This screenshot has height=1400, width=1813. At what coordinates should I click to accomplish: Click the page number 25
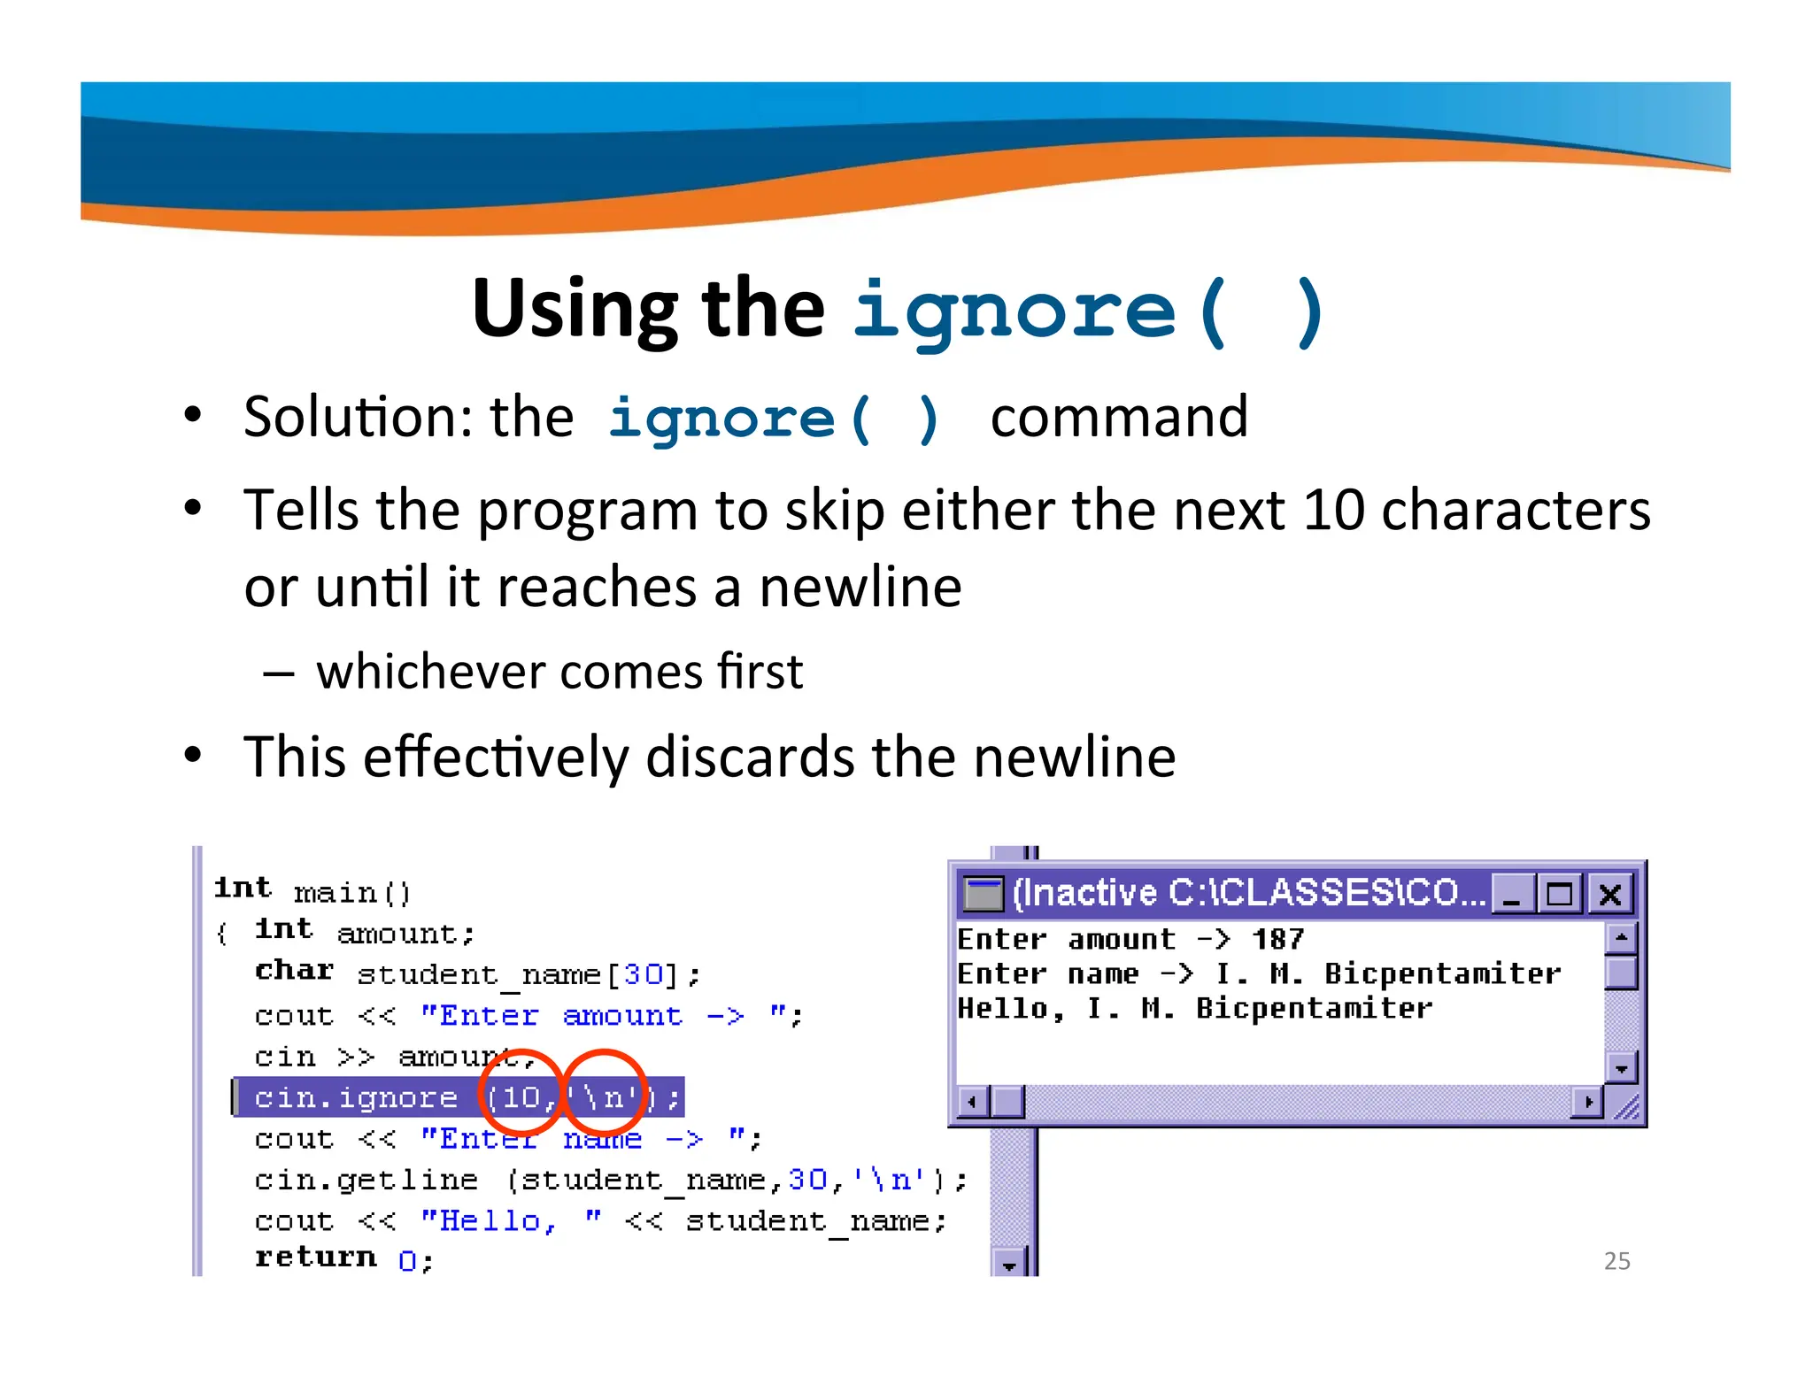pos(1616,1260)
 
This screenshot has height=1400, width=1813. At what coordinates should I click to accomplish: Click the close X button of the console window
pos(1609,894)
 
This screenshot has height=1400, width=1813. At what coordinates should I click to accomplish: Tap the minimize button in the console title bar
pos(1513,894)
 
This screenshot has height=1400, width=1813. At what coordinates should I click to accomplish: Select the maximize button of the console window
pos(1560,894)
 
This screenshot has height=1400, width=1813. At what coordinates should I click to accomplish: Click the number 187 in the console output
pos(1277,939)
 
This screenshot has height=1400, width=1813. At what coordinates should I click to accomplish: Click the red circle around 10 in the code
pos(522,1094)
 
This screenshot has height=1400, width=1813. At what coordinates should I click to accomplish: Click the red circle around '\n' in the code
pos(605,1092)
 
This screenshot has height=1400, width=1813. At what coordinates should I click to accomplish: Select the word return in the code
pos(315,1258)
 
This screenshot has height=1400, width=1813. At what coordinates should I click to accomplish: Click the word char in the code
pos(294,971)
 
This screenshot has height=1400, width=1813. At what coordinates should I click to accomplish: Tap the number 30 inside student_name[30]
pos(644,974)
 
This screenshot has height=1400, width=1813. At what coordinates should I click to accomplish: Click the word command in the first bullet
pos(1119,417)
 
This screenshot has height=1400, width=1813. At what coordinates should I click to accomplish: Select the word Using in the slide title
pos(575,309)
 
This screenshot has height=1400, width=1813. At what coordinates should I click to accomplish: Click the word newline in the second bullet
pos(860,588)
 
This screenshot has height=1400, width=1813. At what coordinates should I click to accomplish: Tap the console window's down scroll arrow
pos(1621,1068)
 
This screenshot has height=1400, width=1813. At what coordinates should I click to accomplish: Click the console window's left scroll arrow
pos(973,1103)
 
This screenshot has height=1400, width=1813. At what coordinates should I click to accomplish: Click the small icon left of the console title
pos(982,894)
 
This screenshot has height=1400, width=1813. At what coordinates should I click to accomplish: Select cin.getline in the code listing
pos(366,1180)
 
